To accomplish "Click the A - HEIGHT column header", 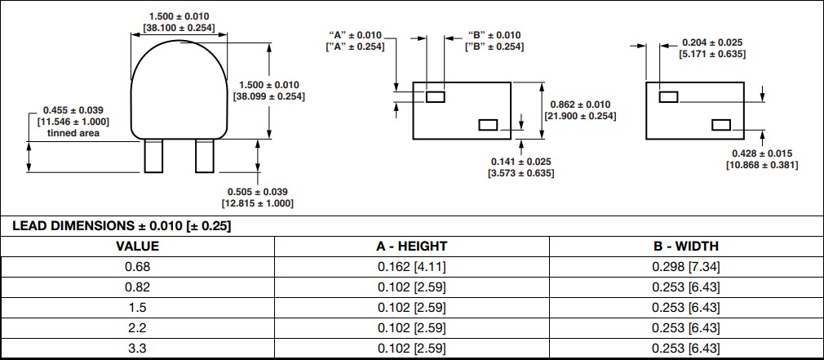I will [x=412, y=246].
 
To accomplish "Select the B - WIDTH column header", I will [x=686, y=246].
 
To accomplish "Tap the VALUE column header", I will [x=137, y=246].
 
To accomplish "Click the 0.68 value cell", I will [x=137, y=266].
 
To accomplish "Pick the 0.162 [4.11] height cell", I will [x=412, y=266].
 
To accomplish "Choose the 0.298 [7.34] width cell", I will [x=686, y=266].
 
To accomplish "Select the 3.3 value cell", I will [x=137, y=349].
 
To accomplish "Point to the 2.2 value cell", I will [x=137, y=328].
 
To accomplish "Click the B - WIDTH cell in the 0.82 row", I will [x=686, y=287].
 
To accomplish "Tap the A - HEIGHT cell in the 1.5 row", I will [x=412, y=308].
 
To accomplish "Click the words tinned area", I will [x=73, y=133].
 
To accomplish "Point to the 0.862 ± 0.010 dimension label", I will [x=580, y=104].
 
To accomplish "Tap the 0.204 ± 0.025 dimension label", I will [x=711, y=42].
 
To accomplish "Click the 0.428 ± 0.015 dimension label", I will [x=762, y=153].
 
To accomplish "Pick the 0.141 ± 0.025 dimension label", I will [x=521, y=161].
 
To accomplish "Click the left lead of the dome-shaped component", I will [x=153, y=156].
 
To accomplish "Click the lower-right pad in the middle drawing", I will [x=488, y=125].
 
